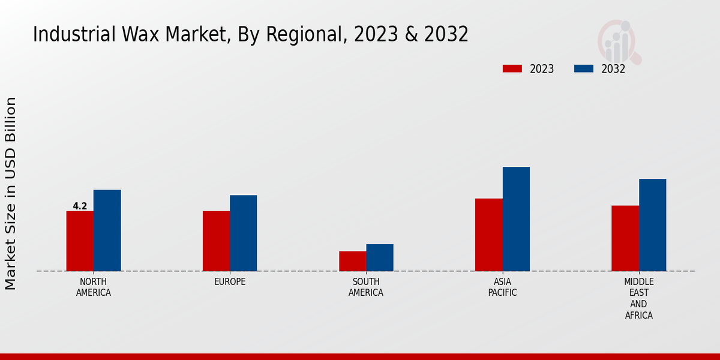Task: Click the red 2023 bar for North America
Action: [80, 241]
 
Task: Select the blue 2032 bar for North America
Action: [107, 230]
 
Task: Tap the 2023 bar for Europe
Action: [216, 241]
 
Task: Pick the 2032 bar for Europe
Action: [243, 233]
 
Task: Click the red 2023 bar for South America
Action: [352, 261]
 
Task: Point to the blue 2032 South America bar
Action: [380, 257]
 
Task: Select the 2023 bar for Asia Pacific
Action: [488, 235]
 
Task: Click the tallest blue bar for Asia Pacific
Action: [516, 219]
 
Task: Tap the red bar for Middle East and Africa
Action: [625, 238]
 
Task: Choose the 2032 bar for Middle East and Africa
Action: [652, 225]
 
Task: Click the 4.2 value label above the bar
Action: [80, 206]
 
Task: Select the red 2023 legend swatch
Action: [512, 69]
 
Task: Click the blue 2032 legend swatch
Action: [583, 69]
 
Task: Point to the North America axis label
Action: [93, 287]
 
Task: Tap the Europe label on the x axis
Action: [230, 282]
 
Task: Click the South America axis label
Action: [366, 287]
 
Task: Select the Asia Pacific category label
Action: [502, 287]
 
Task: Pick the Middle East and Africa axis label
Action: [638, 298]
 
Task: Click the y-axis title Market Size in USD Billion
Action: [11, 193]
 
